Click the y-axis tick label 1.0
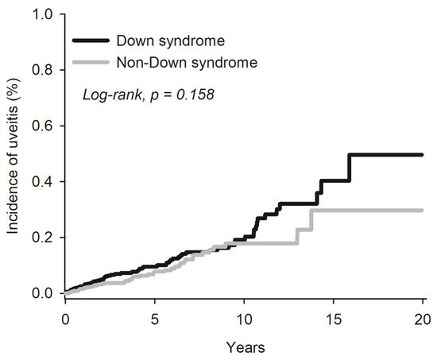(x=44, y=14)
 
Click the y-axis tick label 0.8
(x=44, y=70)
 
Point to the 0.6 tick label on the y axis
(x=44, y=126)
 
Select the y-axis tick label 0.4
(x=44, y=182)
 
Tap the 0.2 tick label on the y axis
(x=44, y=238)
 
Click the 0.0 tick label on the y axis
(x=44, y=293)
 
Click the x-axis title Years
(x=244, y=346)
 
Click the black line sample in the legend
(x=90, y=39)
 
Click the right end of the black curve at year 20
(x=422, y=155)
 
